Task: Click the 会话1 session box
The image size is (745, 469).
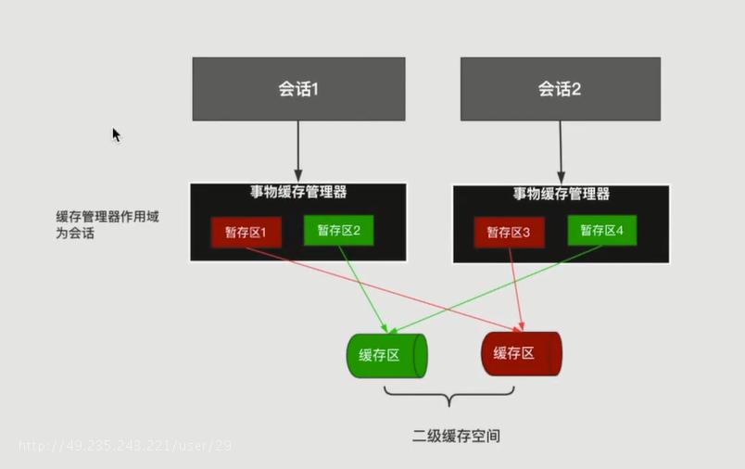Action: pyautogui.click(x=299, y=89)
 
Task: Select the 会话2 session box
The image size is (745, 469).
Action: pyautogui.click(x=561, y=89)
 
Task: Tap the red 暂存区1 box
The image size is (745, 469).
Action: pyautogui.click(x=246, y=233)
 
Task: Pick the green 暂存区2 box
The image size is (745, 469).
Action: pyautogui.click(x=339, y=231)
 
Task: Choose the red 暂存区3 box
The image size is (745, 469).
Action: pyautogui.click(x=509, y=233)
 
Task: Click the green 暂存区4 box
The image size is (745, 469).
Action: pyautogui.click(x=602, y=231)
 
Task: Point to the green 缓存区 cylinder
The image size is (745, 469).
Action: pyautogui.click(x=386, y=355)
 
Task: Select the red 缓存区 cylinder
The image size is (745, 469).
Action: pyautogui.click(x=522, y=353)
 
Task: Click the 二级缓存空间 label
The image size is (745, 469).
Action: pyautogui.click(x=456, y=436)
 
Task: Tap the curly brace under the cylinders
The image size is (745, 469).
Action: pyautogui.click(x=449, y=396)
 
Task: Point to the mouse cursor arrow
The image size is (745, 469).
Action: pyautogui.click(x=117, y=135)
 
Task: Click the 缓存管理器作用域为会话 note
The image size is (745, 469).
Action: pyautogui.click(x=107, y=224)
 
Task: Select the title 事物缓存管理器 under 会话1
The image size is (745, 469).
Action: pyautogui.click(x=298, y=192)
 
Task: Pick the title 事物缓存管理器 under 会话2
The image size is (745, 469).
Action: pyautogui.click(x=562, y=194)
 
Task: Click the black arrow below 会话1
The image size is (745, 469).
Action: pyautogui.click(x=298, y=152)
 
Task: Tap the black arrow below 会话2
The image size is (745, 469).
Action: pyautogui.click(x=561, y=153)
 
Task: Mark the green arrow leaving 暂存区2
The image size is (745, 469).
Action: pyautogui.click(x=363, y=289)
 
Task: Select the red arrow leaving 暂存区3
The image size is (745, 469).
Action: pyautogui.click(x=516, y=289)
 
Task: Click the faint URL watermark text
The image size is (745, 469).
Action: pyautogui.click(x=125, y=446)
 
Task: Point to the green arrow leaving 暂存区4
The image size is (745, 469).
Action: pyautogui.click(x=495, y=289)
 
